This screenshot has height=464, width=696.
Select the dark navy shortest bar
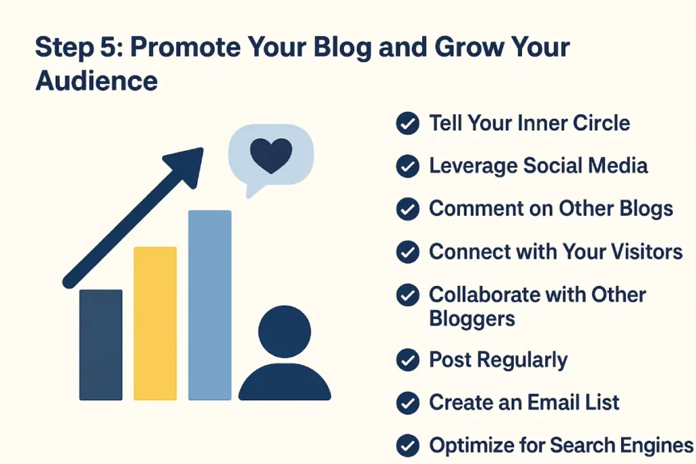point(101,345)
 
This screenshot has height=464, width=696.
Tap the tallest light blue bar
point(209,305)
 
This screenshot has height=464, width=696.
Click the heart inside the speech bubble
point(271,155)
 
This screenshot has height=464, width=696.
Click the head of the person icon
point(284,332)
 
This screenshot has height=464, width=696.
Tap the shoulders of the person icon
point(284,383)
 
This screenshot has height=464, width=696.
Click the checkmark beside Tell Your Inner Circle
point(406,124)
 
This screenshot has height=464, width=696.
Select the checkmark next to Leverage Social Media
point(406,166)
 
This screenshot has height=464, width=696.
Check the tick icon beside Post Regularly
point(406,361)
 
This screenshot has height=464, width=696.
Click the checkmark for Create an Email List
point(406,403)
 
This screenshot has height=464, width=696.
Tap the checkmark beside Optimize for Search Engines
point(406,446)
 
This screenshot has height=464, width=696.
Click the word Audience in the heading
point(97,81)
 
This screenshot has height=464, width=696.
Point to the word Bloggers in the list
point(472,318)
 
